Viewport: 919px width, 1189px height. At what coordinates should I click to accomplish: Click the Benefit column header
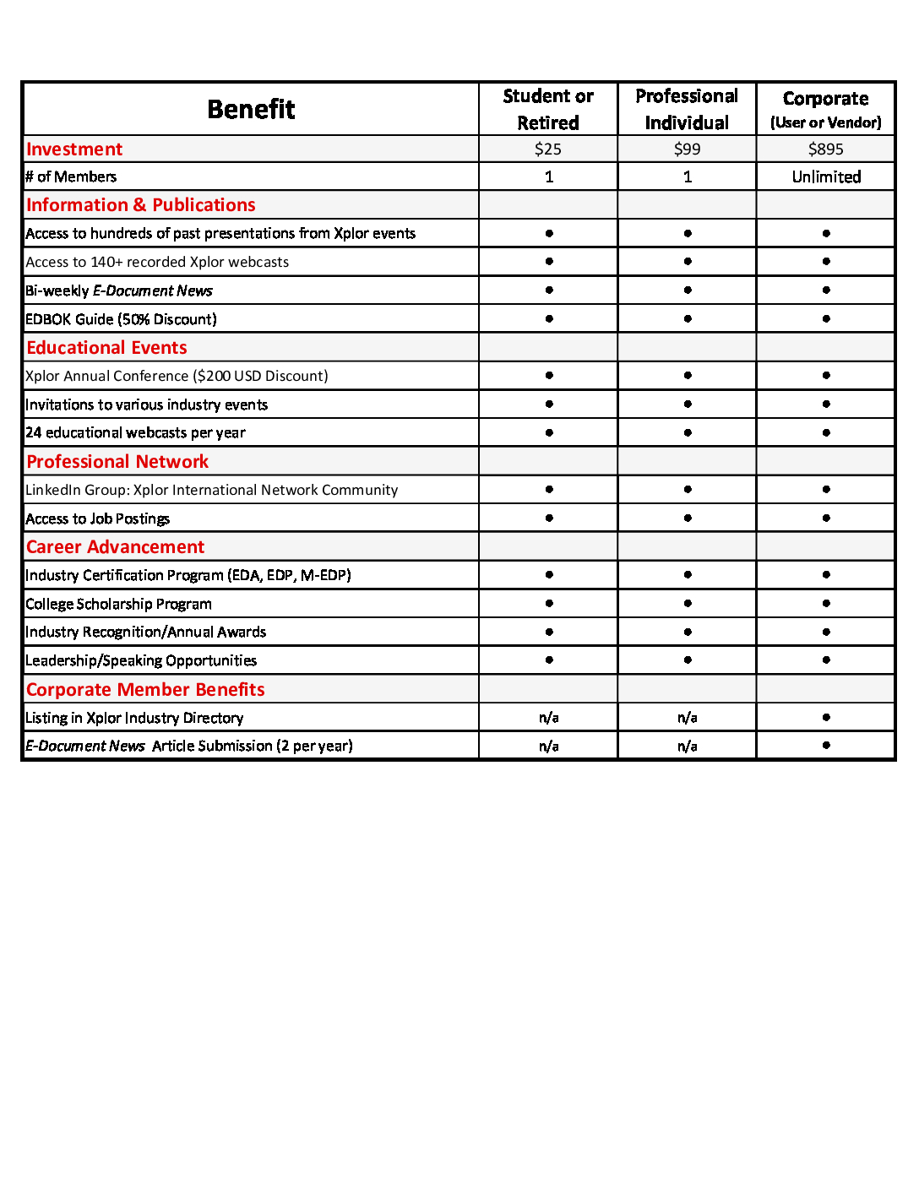pyautogui.click(x=251, y=109)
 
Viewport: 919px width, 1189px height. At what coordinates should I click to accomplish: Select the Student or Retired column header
pyautogui.click(x=548, y=109)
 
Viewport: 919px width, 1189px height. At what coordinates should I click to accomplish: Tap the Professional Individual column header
pyautogui.click(x=687, y=109)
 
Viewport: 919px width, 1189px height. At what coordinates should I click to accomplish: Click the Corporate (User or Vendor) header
pyautogui.click(x=825, y=109)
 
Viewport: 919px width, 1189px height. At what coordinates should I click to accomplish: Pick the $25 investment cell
pyautogui.click(x=548, y=149)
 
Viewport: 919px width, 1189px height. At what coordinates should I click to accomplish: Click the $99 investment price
pyautogui.click(x=687, y=149)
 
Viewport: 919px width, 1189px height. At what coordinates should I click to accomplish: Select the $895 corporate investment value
pyautogui.click(x=825, y=149)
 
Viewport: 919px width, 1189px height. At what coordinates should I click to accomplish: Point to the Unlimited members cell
pyautogui.click(x=826, y=176)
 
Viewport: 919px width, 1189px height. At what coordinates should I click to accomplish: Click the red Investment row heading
pyautogui.click(x=74, y=149)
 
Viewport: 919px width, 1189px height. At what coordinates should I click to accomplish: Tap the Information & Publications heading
pyautogui.click(x=141, y=205)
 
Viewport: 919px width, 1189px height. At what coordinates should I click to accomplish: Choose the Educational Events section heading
pyautogui.click(x=106, y=348)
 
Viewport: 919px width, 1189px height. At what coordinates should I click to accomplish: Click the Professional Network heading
pyautogui.click(x=117, y=462)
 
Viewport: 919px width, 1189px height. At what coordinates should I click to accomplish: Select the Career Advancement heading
pyautogui.click(x=115, y=547)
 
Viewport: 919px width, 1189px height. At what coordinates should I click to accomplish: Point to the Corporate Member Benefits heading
pyautogui.click(x=145, y=690)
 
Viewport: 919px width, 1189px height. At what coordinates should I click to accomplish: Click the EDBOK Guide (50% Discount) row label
pyautogui.click(x=121, y=319)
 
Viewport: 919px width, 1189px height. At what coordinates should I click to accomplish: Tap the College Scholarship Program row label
pyautogui.click(x=118, y=604)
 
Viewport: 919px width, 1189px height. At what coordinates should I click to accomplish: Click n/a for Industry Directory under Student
pyautogui.click(x=549, y=718)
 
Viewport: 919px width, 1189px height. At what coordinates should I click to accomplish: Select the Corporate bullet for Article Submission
pyautogui.click(x=826, y=745)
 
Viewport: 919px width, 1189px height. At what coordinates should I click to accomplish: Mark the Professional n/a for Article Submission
pyautogui.click(x=688, y=746)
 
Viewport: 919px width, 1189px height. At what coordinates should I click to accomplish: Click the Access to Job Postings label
pyautogui.click(x=97, y=518)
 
